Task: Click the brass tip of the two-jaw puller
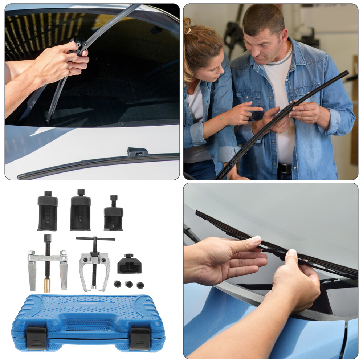coord(47,285)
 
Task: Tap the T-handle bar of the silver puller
coord(95,239)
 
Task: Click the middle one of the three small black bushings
coord(129,284)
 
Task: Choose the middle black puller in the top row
coord(81,212)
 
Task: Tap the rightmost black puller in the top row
coord(114,216)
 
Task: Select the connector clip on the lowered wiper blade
coord(137,152)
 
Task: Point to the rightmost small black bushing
coord(140,285)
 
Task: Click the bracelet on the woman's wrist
coord(222,118)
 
